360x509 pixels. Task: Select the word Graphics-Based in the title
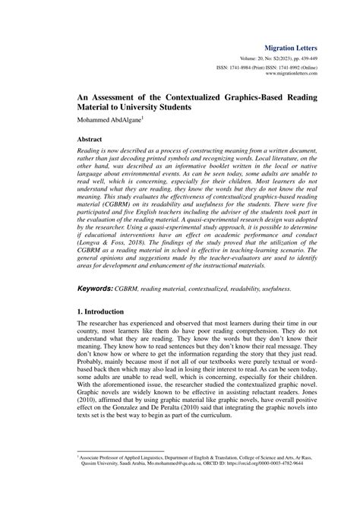click(x=254, y=100)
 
